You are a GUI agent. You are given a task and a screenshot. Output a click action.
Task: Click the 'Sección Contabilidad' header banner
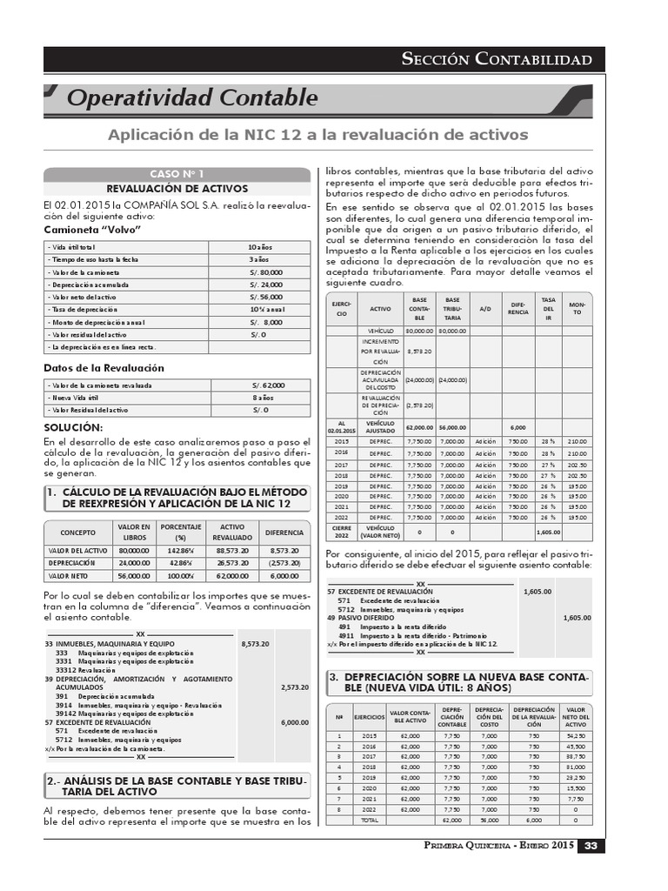point(497,59)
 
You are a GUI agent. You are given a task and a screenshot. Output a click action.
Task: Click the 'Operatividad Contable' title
point(192,97)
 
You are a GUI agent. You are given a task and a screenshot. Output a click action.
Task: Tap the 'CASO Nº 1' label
point(177,174)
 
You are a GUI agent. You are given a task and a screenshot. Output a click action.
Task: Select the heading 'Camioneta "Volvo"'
point(92,230)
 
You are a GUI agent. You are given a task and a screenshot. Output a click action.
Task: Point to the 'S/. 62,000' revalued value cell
point(268,385)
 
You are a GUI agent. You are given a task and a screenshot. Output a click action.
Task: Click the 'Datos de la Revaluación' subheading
point(104,367)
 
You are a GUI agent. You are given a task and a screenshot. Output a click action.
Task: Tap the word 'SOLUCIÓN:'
point(73,427)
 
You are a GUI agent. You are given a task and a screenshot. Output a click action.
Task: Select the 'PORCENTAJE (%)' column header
point(181,533)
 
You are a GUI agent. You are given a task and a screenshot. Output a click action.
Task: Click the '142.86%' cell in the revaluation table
point(181,551)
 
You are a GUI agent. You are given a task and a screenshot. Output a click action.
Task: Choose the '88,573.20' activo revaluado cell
point(232,551)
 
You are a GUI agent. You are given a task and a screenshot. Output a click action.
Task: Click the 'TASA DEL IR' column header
point(548,310)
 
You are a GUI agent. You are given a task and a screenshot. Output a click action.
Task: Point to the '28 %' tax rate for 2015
point(548,441)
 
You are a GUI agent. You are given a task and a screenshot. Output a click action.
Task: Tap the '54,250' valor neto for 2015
point(575,735)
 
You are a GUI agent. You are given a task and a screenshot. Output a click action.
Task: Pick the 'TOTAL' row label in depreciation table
point(369,821)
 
